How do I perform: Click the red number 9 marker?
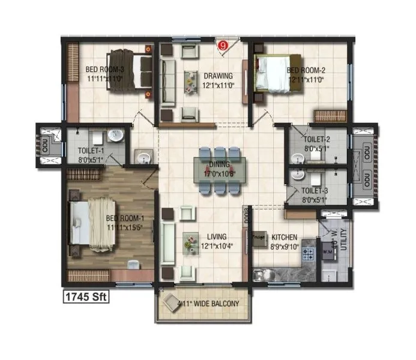pos(223,45)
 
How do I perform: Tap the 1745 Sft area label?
pos(85,296)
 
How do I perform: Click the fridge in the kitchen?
pos(259,238)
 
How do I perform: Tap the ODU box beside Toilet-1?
pos(46,145)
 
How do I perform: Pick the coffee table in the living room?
pos(190,242)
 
